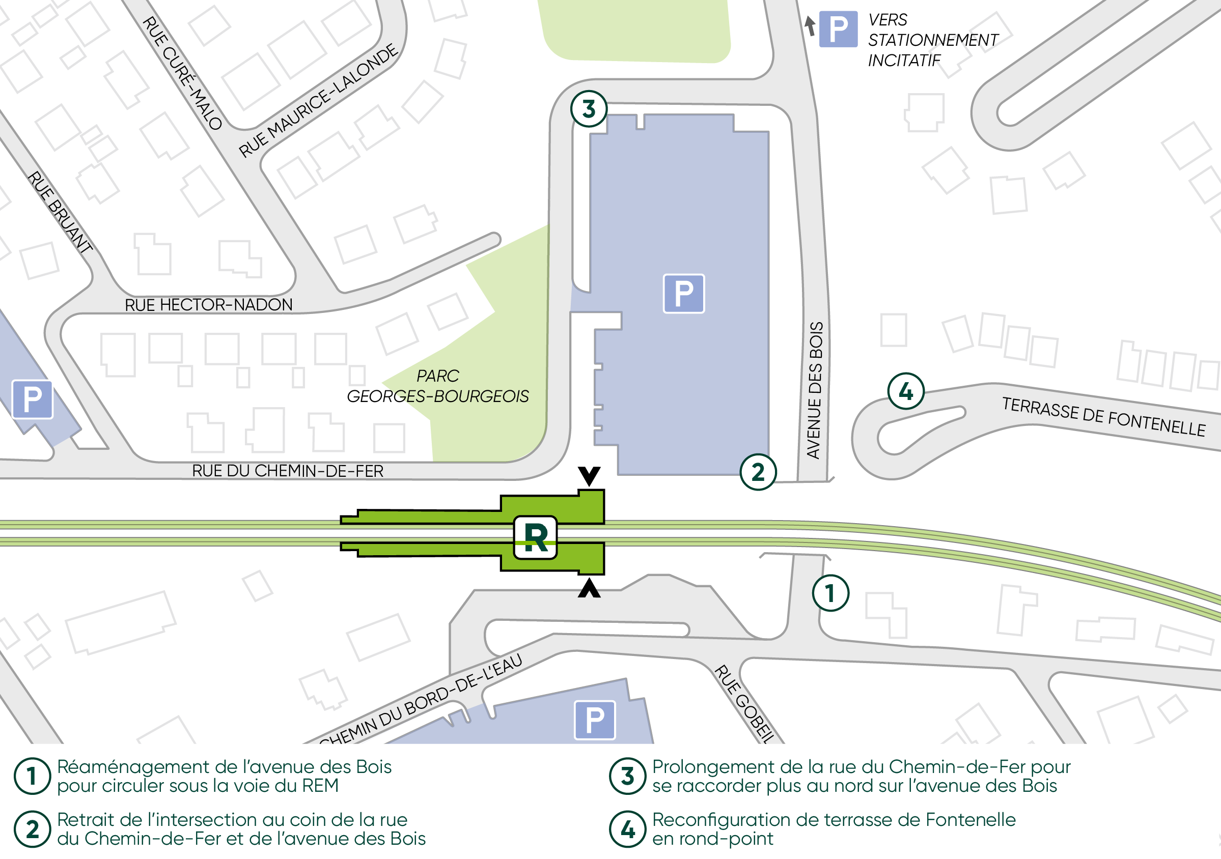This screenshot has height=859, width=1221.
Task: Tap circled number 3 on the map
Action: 589,109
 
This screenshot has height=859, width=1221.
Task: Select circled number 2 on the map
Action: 758,472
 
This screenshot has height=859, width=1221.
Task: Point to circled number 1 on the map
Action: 830,593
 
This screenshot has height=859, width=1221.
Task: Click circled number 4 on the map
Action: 906,391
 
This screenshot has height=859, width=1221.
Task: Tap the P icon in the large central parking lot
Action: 684,294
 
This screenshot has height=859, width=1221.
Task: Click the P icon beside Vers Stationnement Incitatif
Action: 838,29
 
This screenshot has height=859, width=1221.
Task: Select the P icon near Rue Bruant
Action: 33,399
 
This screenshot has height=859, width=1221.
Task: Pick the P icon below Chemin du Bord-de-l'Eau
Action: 595,720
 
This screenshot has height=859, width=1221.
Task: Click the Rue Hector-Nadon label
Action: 208,305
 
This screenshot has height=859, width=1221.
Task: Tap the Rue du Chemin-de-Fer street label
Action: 288,471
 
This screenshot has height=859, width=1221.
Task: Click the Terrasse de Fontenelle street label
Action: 1103,417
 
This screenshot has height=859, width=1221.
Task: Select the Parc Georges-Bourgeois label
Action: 438,386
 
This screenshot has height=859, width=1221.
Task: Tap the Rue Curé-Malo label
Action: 182,73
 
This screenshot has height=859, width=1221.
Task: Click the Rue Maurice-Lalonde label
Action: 318,101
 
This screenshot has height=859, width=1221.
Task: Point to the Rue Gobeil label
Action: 743,703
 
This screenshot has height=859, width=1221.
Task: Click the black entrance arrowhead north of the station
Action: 589,475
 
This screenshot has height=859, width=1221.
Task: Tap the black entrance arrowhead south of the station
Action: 589,588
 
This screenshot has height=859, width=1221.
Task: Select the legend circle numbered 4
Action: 627,828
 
